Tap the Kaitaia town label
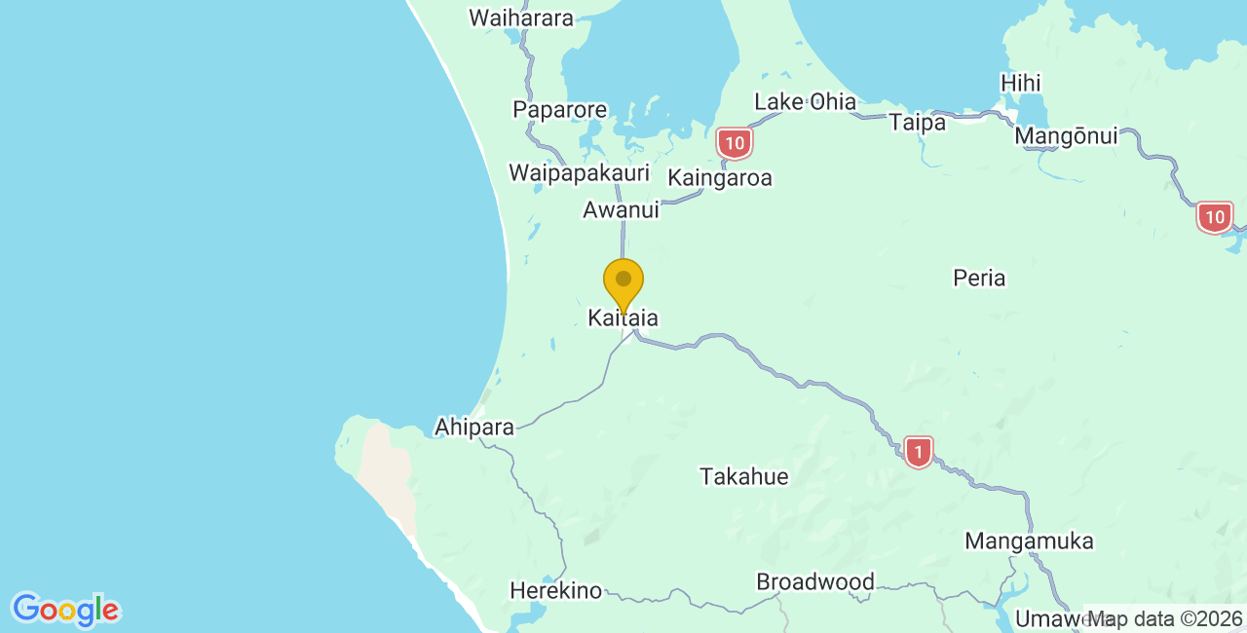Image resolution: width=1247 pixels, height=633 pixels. click(x=623, y=318)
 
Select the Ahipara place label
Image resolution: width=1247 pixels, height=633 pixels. click(x=474, y=428)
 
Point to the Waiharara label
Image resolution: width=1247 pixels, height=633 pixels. click(x=521, y=18)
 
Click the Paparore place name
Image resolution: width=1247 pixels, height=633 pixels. click(x=560, y=110)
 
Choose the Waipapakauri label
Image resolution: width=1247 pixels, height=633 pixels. click(x=579, y=173)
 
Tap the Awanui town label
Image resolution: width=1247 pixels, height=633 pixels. click(x=621, y=209)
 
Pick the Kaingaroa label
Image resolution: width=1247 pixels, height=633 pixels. click(x=720, y=178)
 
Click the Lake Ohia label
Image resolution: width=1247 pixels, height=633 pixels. click(x=806, y=101)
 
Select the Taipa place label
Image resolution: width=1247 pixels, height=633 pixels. click(x=917, y=123)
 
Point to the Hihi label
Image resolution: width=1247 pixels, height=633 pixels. click(x=1020, y=84)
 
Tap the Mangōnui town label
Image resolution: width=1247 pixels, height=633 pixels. click(x=1066, y=136)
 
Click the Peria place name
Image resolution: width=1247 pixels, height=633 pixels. click(x=979, y=279)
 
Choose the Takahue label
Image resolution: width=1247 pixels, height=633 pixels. click(x=744, y=477)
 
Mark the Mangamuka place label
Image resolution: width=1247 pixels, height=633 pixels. click(x=1030, y=541)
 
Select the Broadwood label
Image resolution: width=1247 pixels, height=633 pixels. click(x=815, y=582)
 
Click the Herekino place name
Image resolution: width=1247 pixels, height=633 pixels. click(x=556, y=591)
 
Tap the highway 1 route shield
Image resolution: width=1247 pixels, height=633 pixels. click(x=918, y=452)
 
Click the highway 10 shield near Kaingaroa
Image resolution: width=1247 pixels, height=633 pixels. click(x=734, y=144)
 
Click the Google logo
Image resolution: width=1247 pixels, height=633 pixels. click(x=65, y=611)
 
